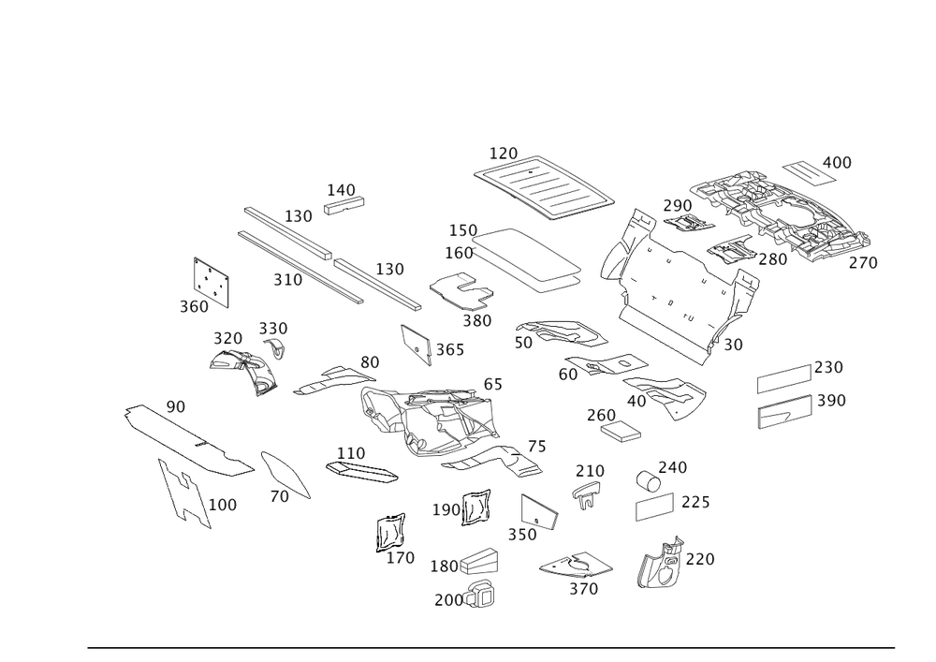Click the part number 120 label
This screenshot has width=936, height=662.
point(504,154)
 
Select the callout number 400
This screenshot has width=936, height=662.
point(837,162)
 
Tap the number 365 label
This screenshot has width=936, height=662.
point(450,350)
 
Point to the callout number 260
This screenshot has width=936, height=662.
point(601,415)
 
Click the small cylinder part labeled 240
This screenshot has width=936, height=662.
point(649,480)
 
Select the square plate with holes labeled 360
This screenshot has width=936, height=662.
point(212,283)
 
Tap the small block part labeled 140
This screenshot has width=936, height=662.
point(344,205)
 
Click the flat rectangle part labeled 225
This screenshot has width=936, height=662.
point(655,507)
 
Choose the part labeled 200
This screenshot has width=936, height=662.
point(481,595)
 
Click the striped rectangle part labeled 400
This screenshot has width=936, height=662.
point(809,172)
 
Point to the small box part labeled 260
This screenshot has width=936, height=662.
point(621,431)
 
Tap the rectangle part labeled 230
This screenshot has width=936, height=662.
point(784,378)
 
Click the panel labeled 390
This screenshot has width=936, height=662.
point(785,411)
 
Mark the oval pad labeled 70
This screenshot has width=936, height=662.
point(285,475)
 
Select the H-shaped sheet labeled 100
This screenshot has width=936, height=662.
point(185,493)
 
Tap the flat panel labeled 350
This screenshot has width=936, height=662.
point(540,512)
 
